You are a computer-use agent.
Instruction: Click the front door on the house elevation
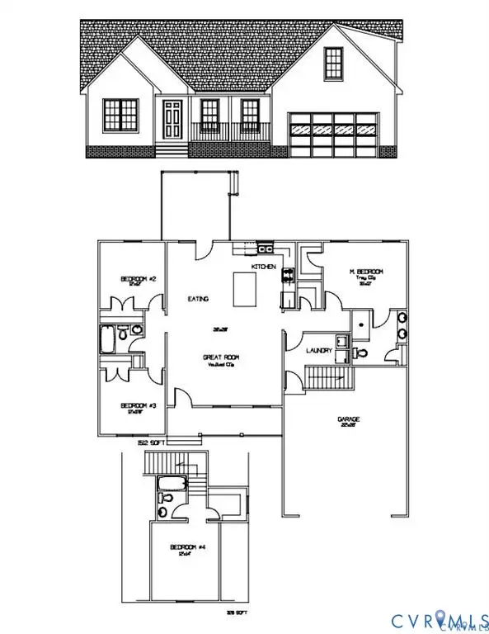[x=172, y=121]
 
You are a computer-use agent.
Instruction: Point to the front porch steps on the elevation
[x=172, y=151]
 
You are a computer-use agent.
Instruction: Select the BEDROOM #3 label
[x=139, y=405]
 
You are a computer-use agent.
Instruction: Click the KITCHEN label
[x=262, y=267]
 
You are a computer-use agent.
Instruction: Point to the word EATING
[x=199, y=299]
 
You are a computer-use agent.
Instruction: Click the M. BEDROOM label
[x=366, y=272]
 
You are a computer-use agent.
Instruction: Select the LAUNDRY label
[x=319, y=350]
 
